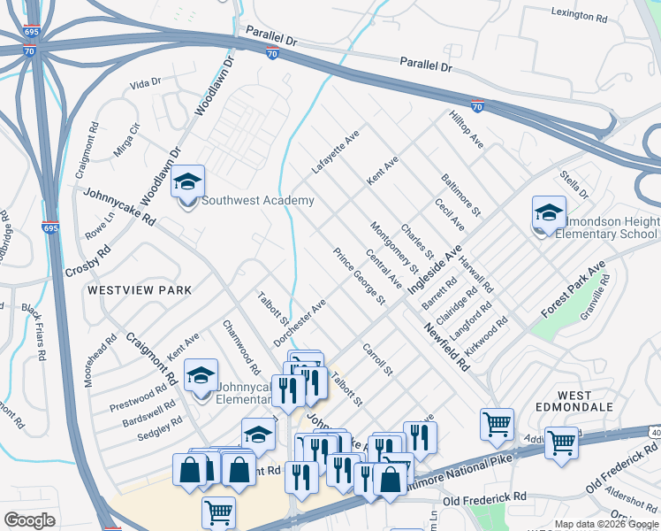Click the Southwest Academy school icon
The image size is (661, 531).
point(187,183)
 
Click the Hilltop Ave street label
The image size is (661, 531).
point(466,129)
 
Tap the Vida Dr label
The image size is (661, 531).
point(145,83)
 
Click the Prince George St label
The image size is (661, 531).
point(359,276)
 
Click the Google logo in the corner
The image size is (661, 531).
point(30,520)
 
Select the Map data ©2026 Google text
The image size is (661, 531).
point(606,524)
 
